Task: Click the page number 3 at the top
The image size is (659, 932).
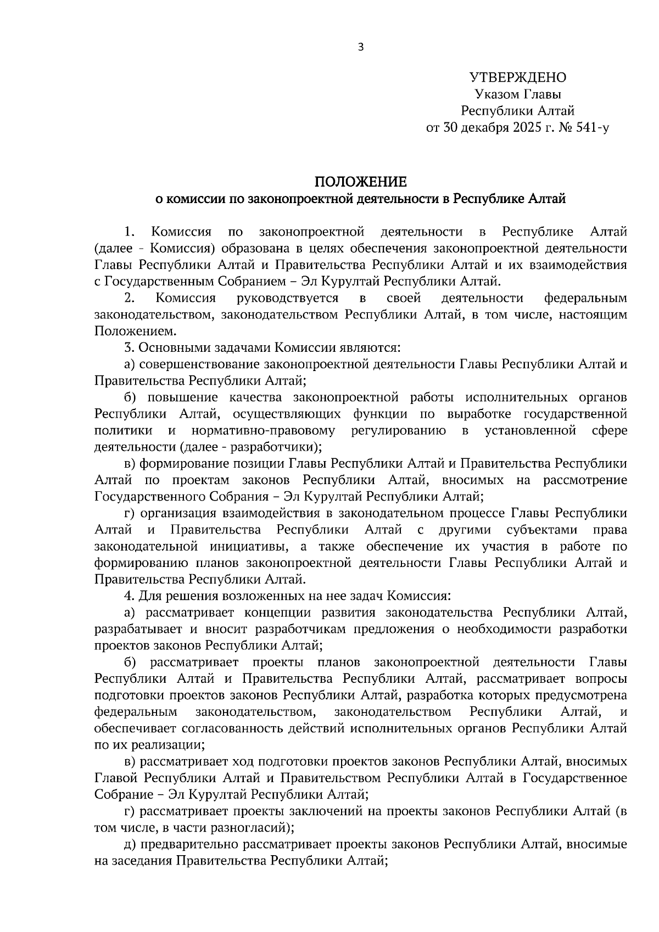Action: (x=360, y=47)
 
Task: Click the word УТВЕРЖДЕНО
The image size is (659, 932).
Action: (x=517, y=77)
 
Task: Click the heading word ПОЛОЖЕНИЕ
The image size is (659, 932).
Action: (x=360, y=182)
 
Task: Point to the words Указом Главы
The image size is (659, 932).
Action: (x=517, y=94)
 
